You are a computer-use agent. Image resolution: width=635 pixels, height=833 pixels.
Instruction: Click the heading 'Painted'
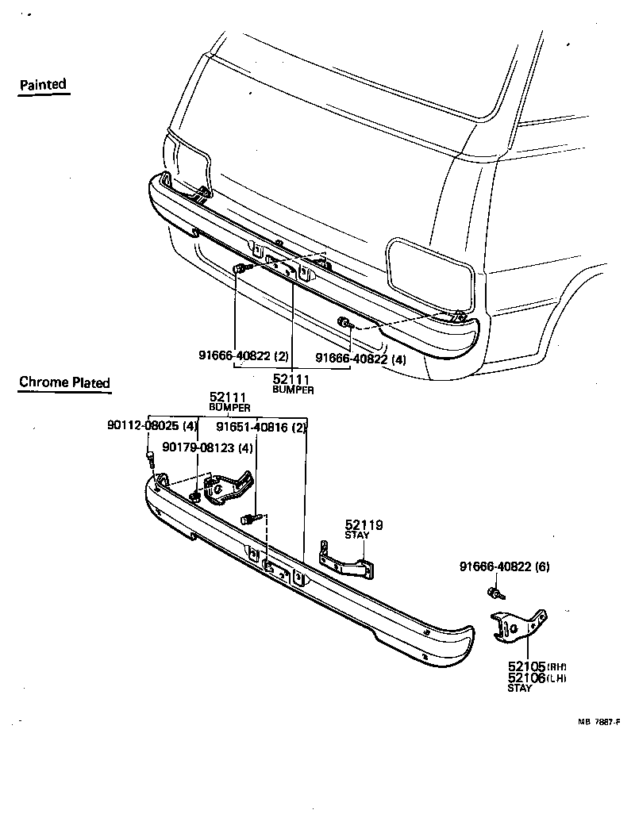coord(43,84)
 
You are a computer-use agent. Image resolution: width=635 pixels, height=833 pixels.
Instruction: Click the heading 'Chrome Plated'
coord(64,382)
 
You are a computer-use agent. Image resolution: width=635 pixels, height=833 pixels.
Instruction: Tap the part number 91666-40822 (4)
coord(360,359)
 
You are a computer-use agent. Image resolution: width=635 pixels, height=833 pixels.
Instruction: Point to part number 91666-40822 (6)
coord(504,566)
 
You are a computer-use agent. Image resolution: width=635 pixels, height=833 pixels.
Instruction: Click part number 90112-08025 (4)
coord(152,426)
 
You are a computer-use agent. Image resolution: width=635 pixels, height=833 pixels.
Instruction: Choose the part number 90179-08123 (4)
coord(208,447)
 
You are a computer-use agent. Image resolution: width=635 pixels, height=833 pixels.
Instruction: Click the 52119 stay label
coord(364,524)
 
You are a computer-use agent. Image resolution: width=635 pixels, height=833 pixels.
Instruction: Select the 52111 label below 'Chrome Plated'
coord(229,397)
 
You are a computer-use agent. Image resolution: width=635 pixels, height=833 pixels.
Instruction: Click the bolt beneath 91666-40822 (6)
coord(494,593)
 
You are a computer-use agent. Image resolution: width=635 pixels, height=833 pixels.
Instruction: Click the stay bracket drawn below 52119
coord(349,561)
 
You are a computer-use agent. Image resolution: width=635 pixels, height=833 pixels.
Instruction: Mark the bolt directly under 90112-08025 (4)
coord(149,458)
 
